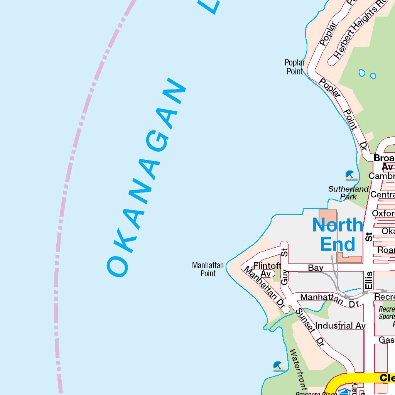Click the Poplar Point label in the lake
[295, 67]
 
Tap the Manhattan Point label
[208, 269]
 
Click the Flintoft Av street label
[267, 269]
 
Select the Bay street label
[316, 268]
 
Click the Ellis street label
[369, 281]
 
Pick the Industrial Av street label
[340, 326]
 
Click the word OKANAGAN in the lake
[147, 177]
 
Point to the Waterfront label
[298, 370]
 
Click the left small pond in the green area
[362, 73]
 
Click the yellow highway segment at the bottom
[359, 379]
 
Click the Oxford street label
[383, 213]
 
